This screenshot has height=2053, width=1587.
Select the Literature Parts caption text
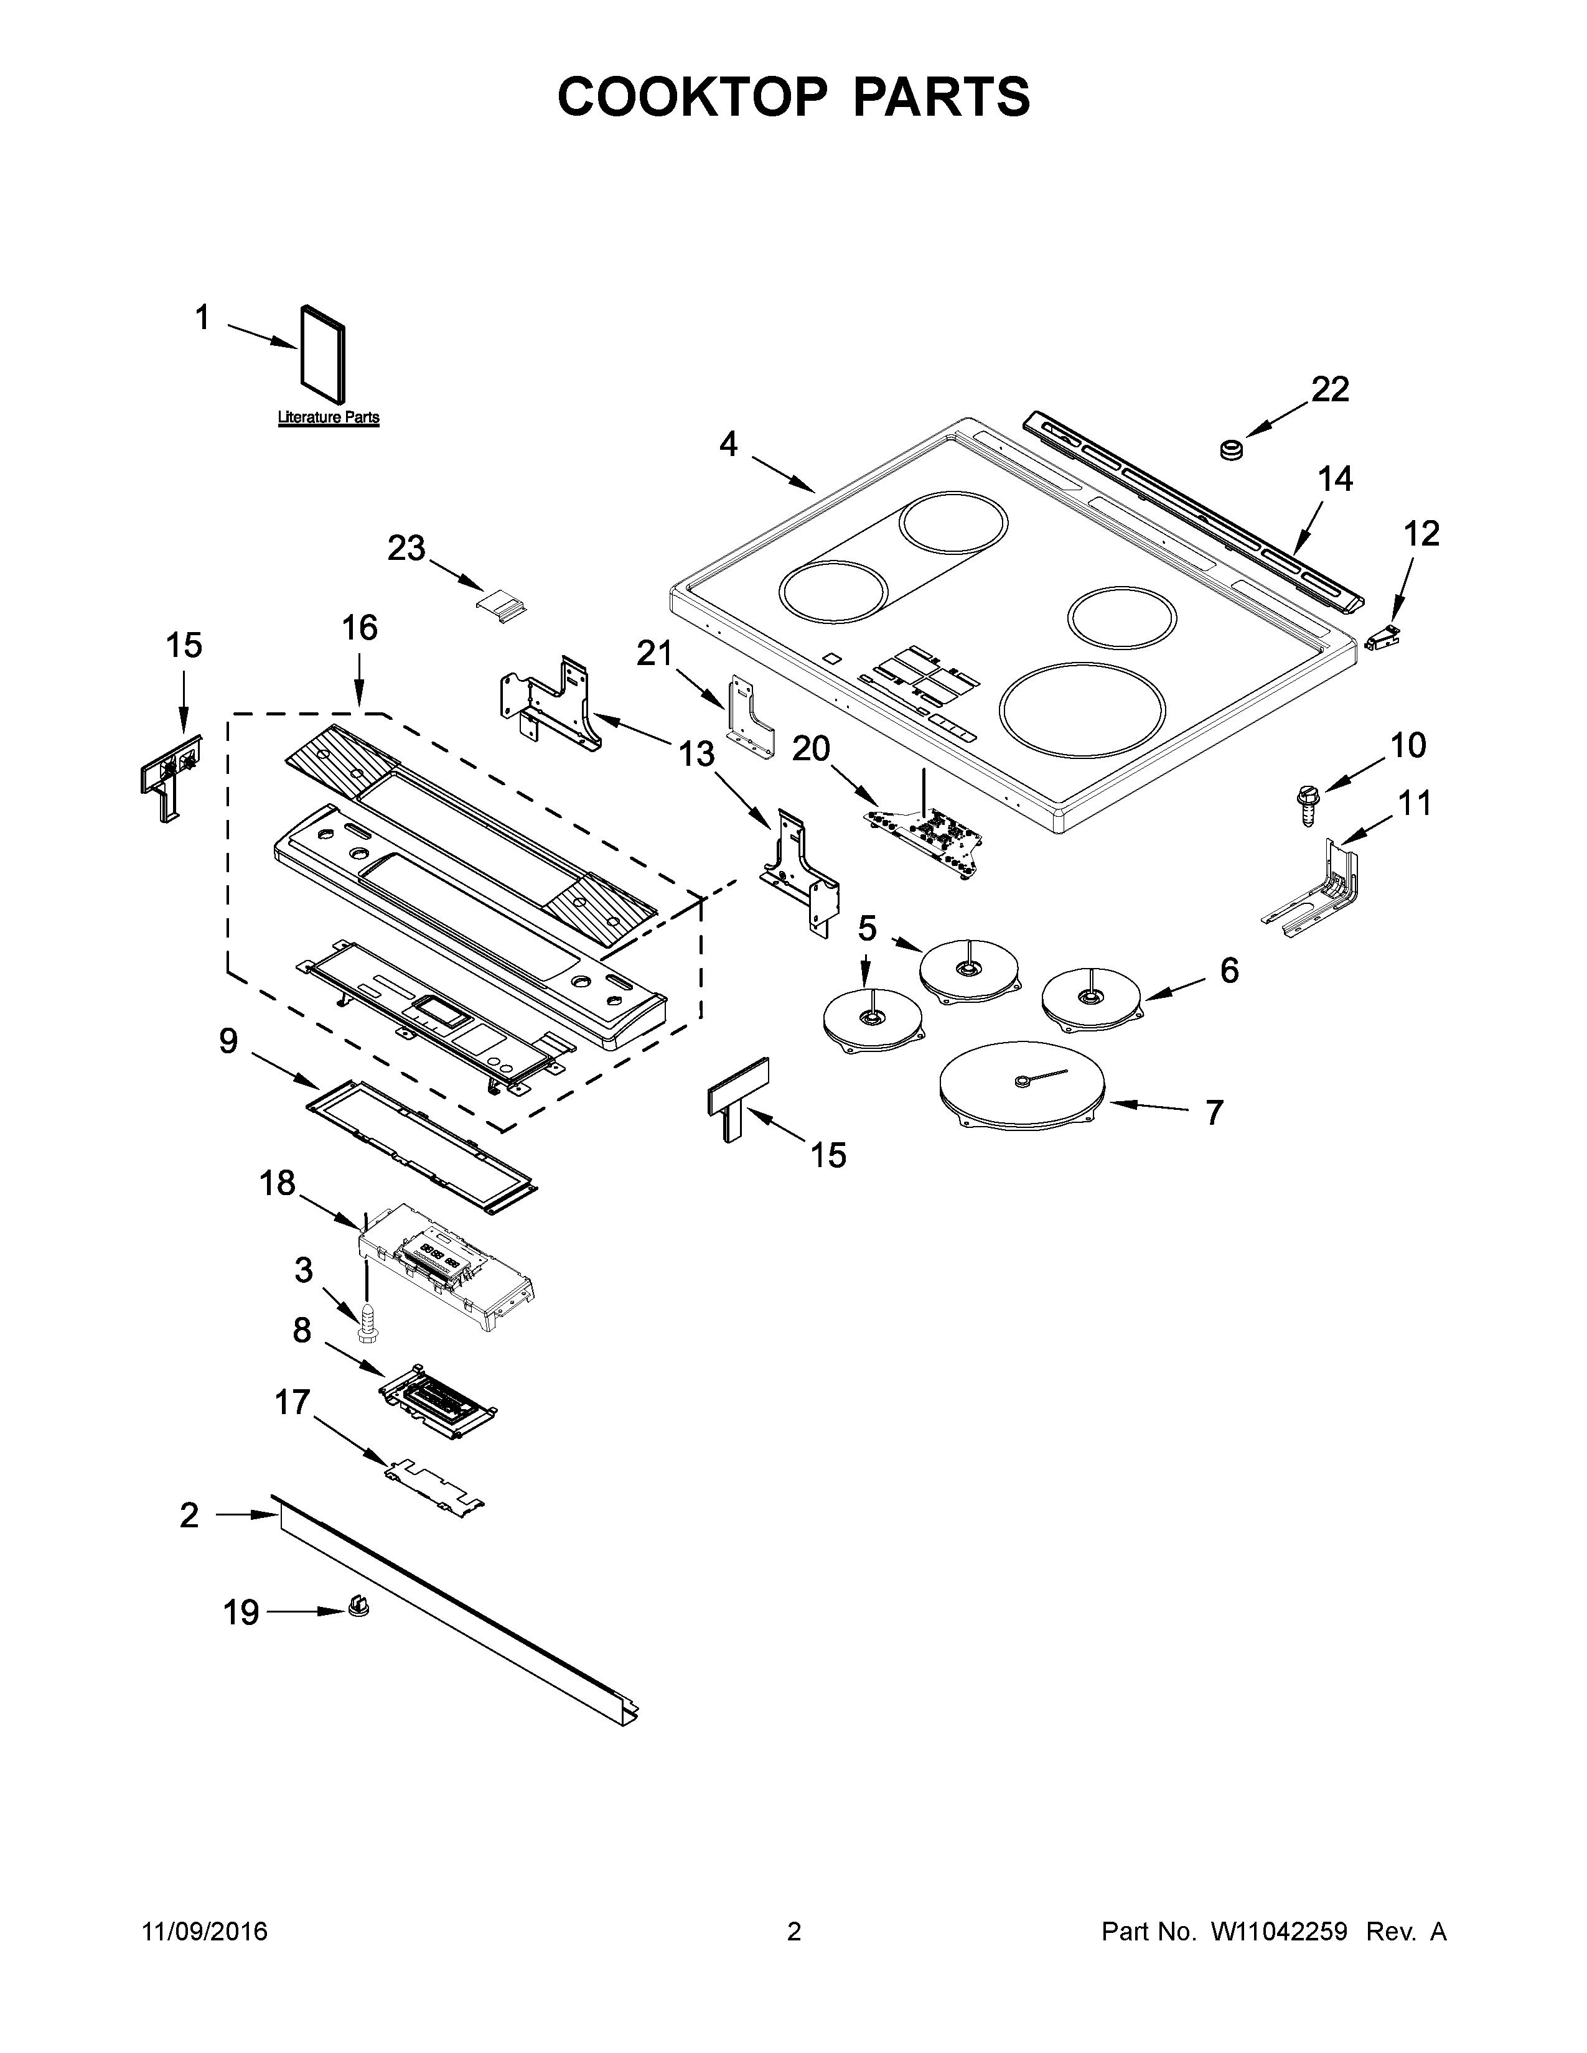(x=328, y=417)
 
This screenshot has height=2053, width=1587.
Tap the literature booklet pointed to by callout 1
(x=322, y=360)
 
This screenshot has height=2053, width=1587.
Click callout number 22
(x=1329, y=389)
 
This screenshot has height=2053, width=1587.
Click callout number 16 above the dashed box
(x=359, y=628)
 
